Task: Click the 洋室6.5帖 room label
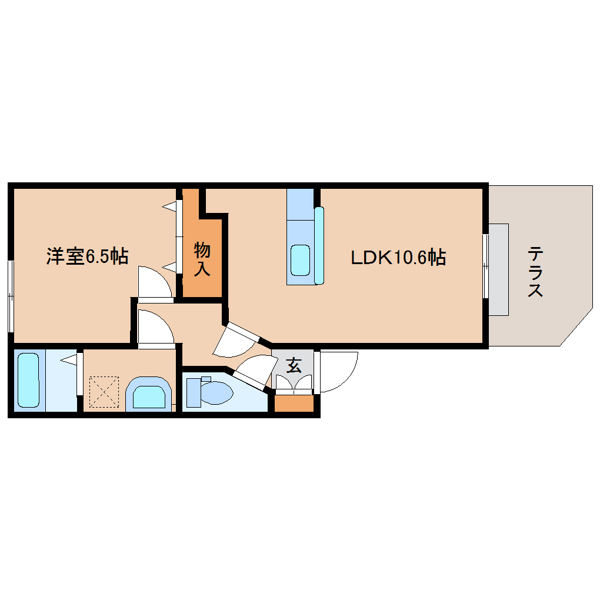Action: click(x=87, y=256)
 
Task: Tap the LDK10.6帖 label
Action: click(x=398, y=257)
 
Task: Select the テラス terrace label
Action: click(x=535, y=271)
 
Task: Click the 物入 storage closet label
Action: click(x=202, y=259)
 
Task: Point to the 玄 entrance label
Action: click(x=293, y=366)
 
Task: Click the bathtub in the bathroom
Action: click(x=29, y=379)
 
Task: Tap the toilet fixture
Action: click(x=209, y=392)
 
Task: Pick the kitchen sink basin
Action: click(x=300, y=259)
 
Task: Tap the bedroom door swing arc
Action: click(x=154, y=281)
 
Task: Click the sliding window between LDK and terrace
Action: click(x=486, y=266)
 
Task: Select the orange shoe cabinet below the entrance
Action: click(x=294, y=403)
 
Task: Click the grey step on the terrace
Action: click(x=499, y=269)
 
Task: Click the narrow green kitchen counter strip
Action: click(x=319, y=245)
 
